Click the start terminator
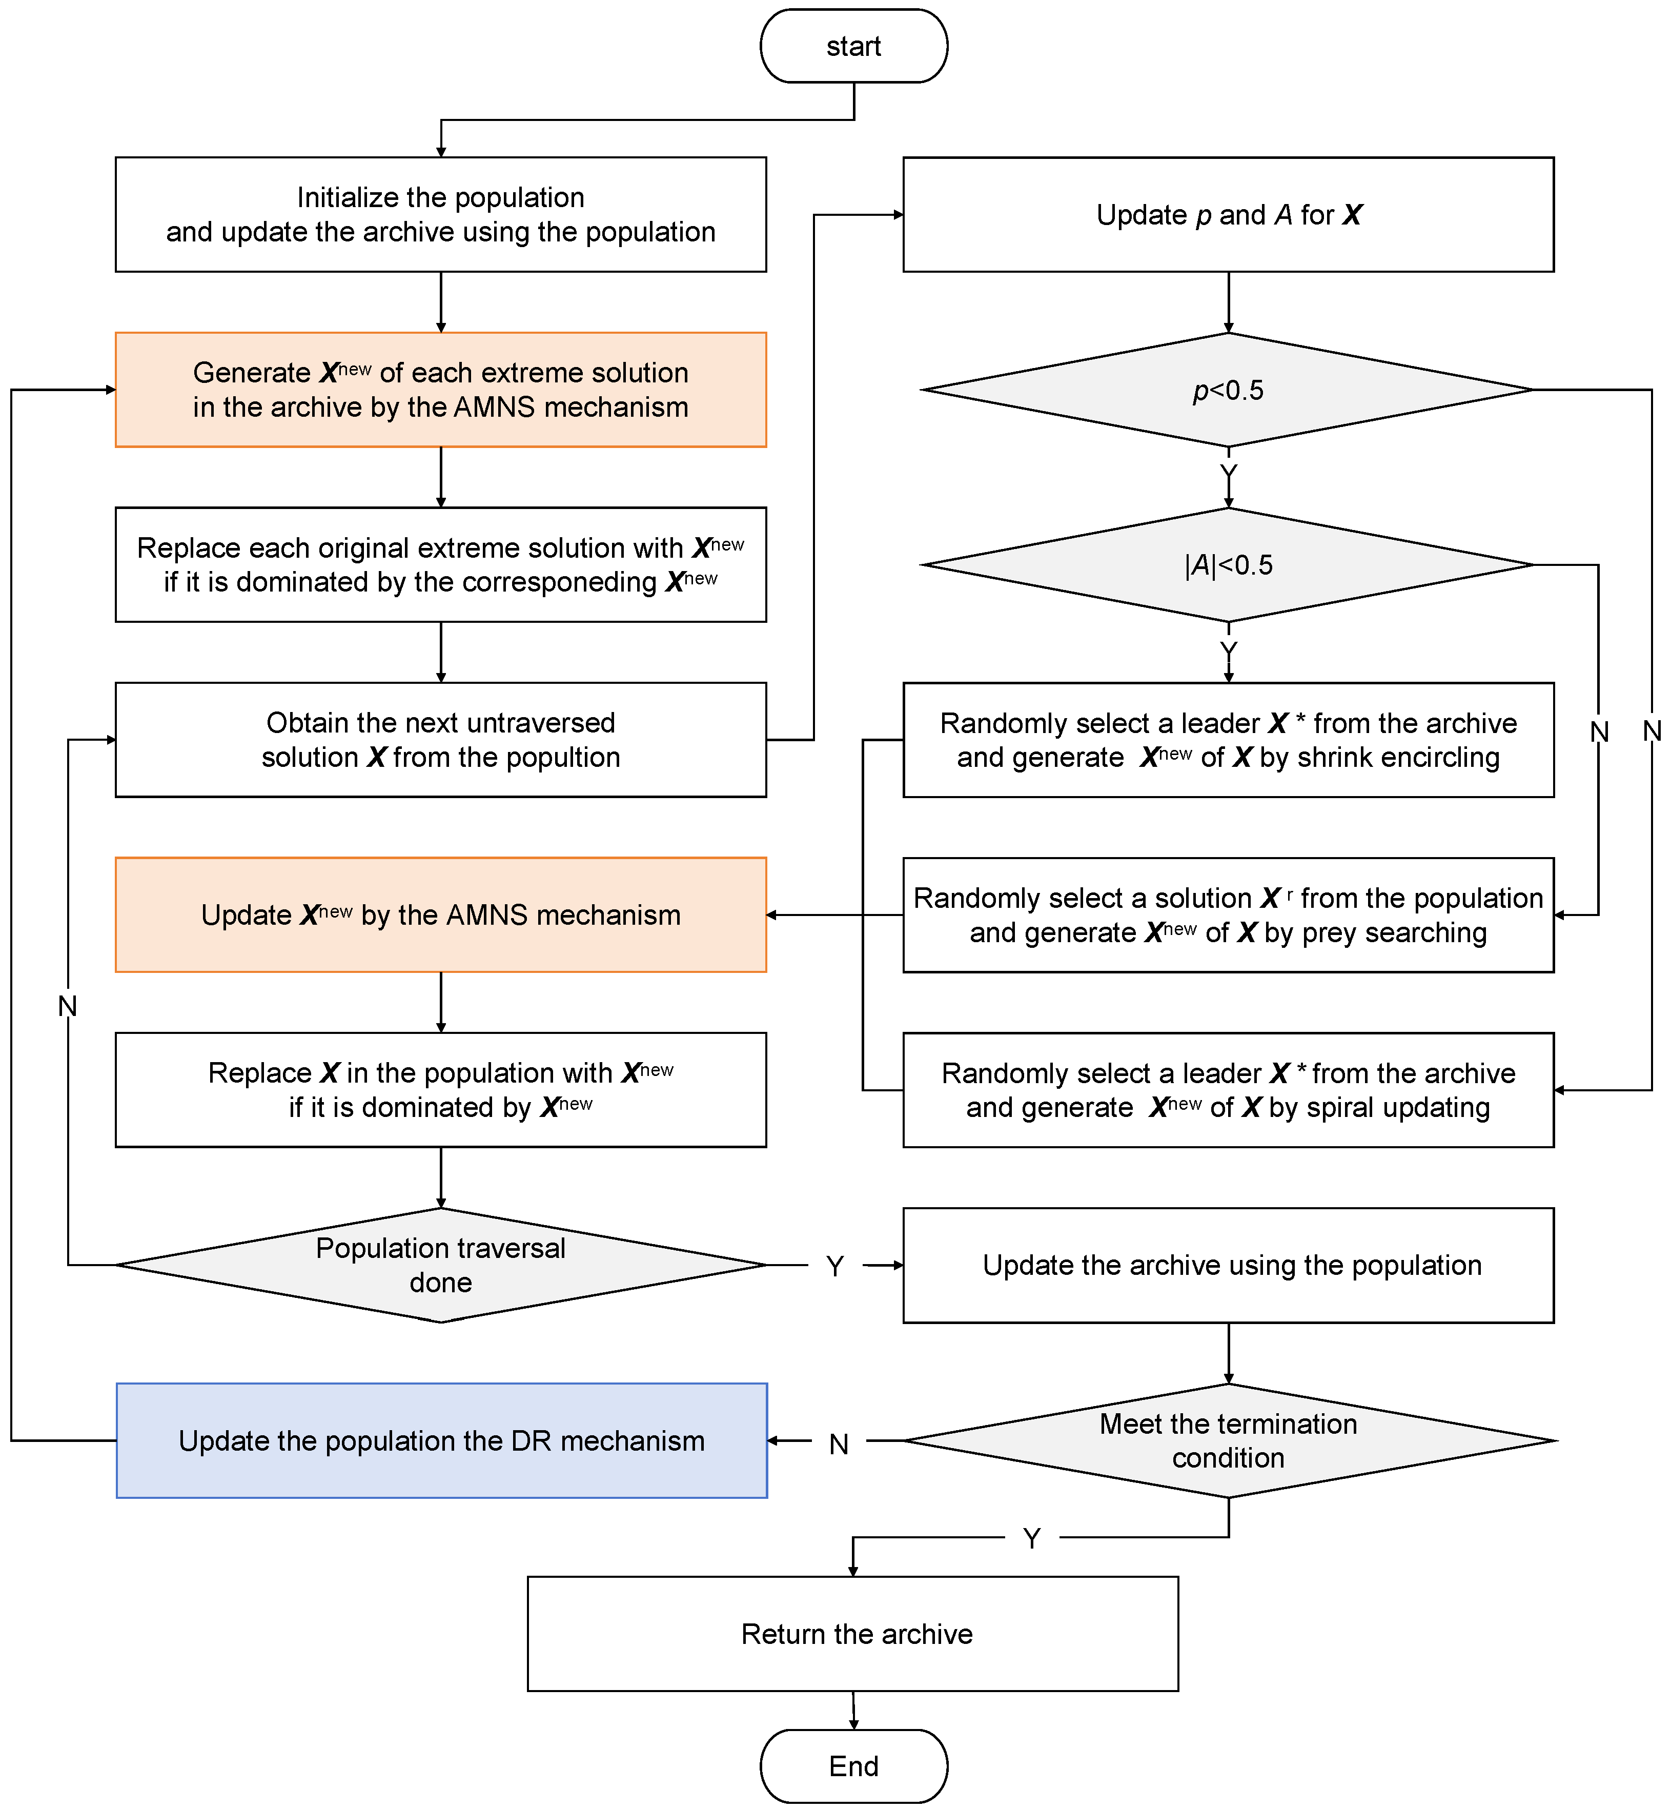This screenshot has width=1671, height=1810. pyautogui.click(x=853, y=46)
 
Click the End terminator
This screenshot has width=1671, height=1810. pyautogui.click(x=853, y=1766)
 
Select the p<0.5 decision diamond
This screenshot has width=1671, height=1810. pyautogui.click(x=1228, y=390)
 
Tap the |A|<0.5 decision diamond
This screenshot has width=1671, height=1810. pyautogui.click(x=1228, y=565)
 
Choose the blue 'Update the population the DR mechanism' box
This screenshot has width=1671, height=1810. pyautogui.click(x=441, y=1440)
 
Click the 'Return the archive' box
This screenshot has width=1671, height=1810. pyautogui.click(x=853, y=1634)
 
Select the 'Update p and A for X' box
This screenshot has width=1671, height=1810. pyautogui.click(x=1228, y=214)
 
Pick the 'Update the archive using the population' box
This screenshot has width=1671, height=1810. pyautogui.click(x=1228, y=1265)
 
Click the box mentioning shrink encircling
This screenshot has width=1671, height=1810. pyautogui.click(x=1228, y=740)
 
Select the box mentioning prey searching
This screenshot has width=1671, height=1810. pyautogui.click(x=1228, y=915)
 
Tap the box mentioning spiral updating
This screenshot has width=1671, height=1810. pyautogui.click(x=1228, y=1090)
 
